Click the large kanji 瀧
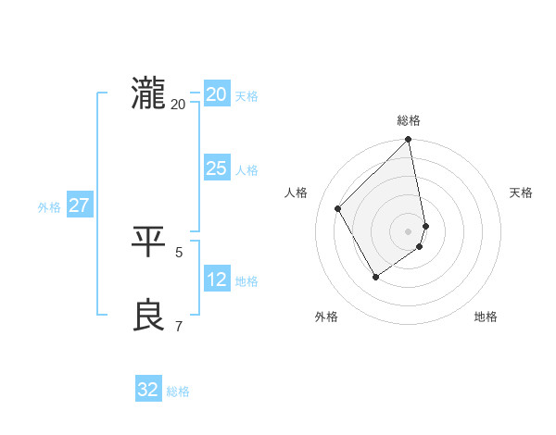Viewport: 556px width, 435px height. [x=148, y=94]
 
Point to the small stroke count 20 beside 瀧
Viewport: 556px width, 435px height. [x=178, y=104]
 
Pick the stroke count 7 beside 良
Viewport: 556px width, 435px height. [x=179, y=326]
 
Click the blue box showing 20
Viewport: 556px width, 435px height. [x=216, y=94]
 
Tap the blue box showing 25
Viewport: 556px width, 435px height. [x=216, y=168]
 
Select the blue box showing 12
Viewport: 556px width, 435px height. [x=216, y=280]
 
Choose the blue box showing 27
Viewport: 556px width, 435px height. [x=79, y=205]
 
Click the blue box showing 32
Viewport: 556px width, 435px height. [x=148, y=390]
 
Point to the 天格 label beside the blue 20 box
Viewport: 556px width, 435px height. [x=246, y=96]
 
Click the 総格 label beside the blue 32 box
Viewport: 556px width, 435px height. [x=178, y=391]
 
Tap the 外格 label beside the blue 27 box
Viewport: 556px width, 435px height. [x=49, y=207]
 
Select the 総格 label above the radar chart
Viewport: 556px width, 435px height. [x=409, y=120]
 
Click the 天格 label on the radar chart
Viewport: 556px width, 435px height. [x=521, y=193]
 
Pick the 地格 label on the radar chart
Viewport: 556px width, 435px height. [x=486, y=317]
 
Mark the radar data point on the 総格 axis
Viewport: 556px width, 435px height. [x=409, y=141]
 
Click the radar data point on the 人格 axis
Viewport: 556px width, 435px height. [x=338, y=208]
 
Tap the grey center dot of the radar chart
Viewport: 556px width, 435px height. [x=409, y=231]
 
